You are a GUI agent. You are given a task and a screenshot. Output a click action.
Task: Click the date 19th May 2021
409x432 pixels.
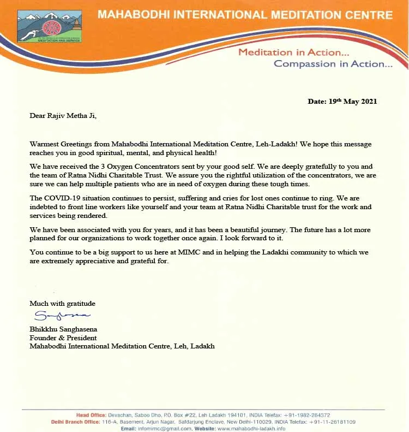342,101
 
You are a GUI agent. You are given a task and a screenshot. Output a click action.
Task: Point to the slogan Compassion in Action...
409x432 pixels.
333,64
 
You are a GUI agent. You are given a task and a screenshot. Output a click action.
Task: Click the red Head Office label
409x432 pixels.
90,415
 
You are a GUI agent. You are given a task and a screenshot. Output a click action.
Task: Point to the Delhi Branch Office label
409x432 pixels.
76,422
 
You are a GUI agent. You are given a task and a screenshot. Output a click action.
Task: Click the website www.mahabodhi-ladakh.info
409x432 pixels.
251,428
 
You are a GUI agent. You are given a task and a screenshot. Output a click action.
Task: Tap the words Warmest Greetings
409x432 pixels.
59,144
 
